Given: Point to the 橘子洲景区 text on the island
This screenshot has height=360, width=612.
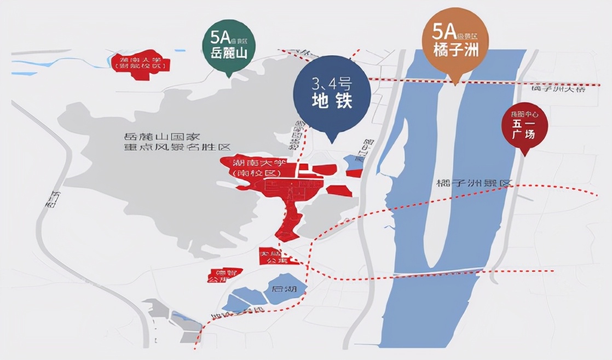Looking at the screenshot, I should [x=473, y=184].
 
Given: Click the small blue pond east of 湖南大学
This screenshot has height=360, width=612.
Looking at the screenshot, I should [x=351, y=161].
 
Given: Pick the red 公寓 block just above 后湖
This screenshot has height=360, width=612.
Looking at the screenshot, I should [x=272, y=257].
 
